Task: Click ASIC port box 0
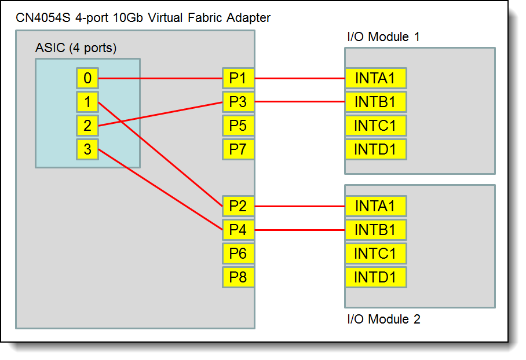point(87,78)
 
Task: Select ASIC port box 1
point(87,102)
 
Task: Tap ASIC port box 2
point(87,126)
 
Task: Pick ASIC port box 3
point(87,149)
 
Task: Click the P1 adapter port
point(238,78)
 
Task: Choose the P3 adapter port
point(238,102)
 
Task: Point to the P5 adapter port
point(238,126)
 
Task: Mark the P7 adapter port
point(238,149)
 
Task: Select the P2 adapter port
point(238,206)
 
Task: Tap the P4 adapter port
point(238,230)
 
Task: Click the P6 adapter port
point(238,254)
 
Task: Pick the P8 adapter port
point(238,277)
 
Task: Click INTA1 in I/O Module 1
point(375,78)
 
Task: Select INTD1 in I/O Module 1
point(375,149)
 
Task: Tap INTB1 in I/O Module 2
point(375,230)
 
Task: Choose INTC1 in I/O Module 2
point(375,254)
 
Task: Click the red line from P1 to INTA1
point(299,78)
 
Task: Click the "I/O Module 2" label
point(383,319)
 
